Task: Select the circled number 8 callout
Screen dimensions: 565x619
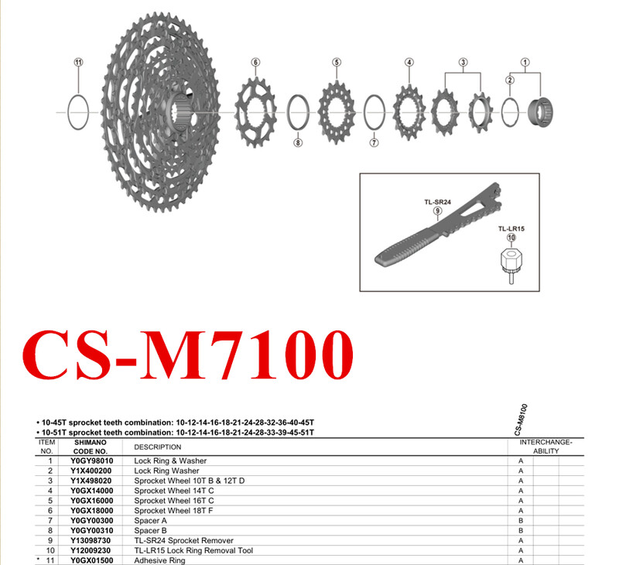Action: click(299, 142)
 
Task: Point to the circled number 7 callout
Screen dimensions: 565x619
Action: click(374, 142)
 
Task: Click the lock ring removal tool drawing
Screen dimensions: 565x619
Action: click(511, 264)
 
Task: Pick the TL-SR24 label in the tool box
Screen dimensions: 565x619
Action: click(437, 201)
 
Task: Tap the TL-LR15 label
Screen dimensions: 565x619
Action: click(511, 229)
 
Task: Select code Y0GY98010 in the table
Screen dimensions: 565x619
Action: click(91, 461)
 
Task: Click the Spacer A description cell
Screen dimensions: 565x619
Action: click(151, 521)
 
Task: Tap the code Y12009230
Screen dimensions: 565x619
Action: click(91, 550)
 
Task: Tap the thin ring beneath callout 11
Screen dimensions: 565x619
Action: click(77, 112)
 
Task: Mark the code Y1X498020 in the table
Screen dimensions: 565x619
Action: click(91, 481)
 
